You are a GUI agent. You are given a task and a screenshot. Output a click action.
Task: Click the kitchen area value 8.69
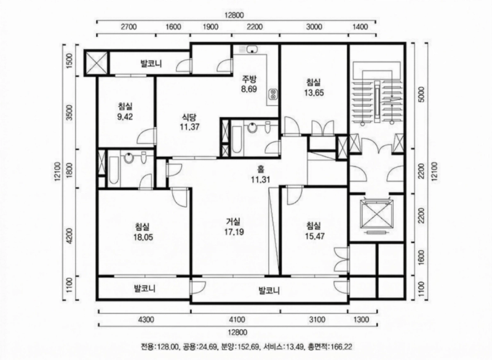[x=248, y=89]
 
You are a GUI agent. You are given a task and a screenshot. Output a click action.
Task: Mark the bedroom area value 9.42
[x=125, y=114]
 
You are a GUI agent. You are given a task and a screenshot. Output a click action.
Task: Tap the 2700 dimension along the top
[x=127, y=28]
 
